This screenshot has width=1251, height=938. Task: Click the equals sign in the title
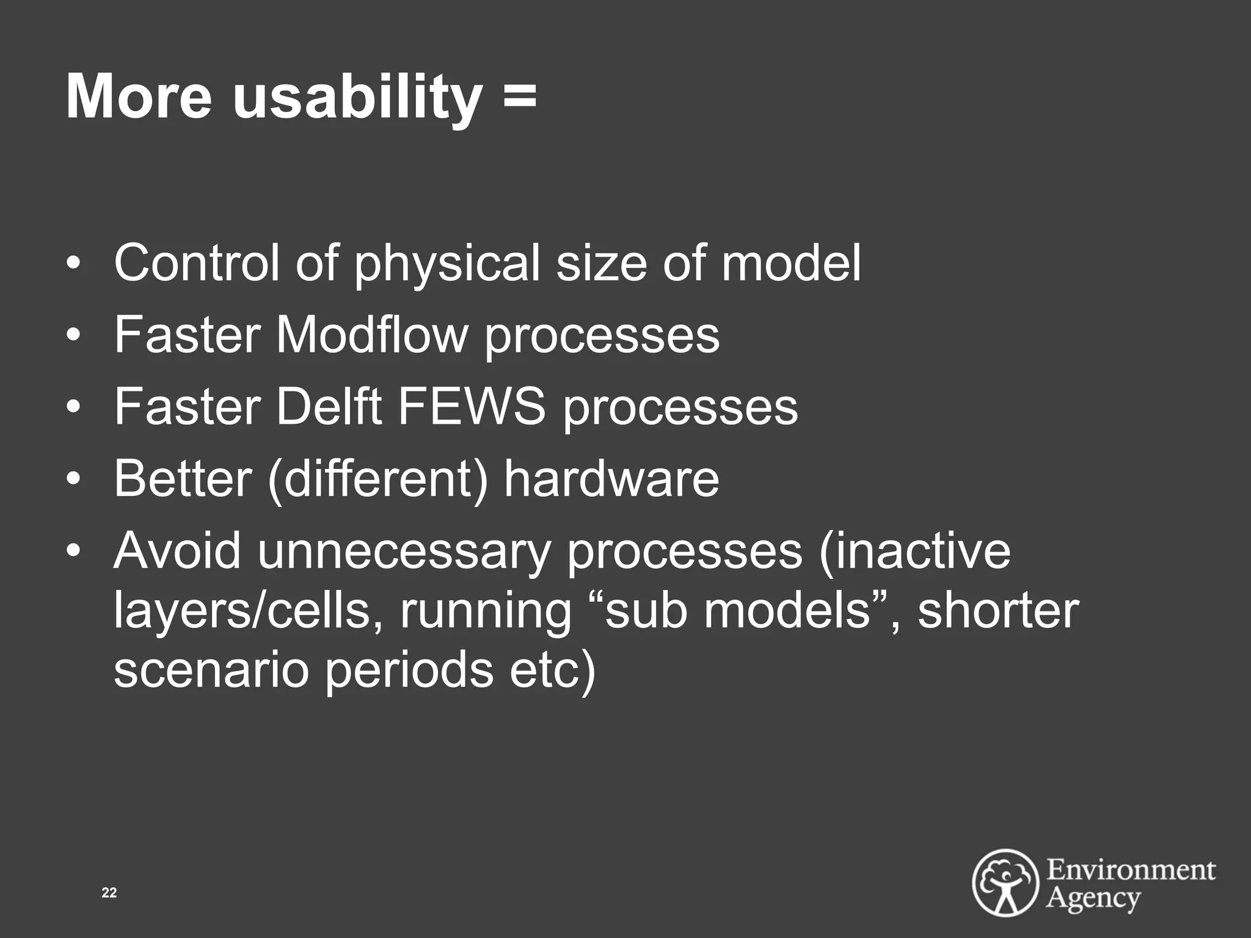[x=520, y=96]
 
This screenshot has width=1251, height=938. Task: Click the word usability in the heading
[x=357, y=98]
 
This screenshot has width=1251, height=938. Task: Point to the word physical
[x=447, y=264]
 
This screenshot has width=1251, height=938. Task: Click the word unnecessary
[x=404, y=551]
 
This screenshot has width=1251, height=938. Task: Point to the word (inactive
[x=914, y=550]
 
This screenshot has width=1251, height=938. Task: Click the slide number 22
[x=109, y=893]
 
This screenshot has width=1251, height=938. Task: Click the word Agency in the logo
[x=1093, y=898]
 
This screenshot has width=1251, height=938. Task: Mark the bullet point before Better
[x=73, y=479]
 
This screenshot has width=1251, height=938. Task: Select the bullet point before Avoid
[x=73, y=551]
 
